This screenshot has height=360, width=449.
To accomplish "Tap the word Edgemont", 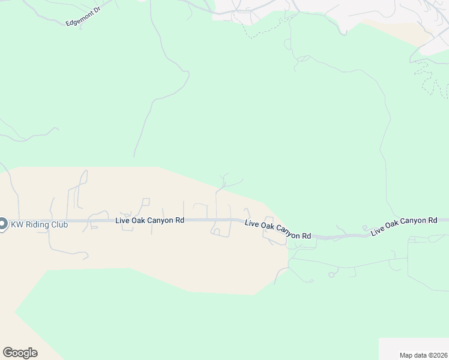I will click(x=79, y=19).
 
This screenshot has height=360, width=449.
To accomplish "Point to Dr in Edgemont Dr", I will click(x=97, y=12).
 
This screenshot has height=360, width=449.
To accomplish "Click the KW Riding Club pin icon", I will click(x=2, y=224).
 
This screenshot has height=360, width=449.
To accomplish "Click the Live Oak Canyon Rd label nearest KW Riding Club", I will click(x=149, y=221).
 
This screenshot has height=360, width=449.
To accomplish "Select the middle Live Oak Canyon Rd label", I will click(x=278, y=230).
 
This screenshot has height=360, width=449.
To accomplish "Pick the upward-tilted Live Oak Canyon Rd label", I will click(x=404, y=226).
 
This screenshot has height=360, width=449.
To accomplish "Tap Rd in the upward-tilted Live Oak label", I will click(x=432, y=221).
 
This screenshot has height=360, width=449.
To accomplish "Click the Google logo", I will click(x=20, y=353).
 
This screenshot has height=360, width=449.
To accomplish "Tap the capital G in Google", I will click(x=7, y=353).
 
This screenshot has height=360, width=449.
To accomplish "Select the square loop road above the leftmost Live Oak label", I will click(x=145, y=202).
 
